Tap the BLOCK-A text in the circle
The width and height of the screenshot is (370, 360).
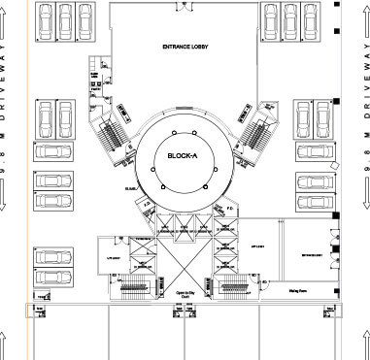pyautogui.click(x=183, y=155)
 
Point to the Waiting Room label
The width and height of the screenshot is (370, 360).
pyautogui.click(x=299, y=289)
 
